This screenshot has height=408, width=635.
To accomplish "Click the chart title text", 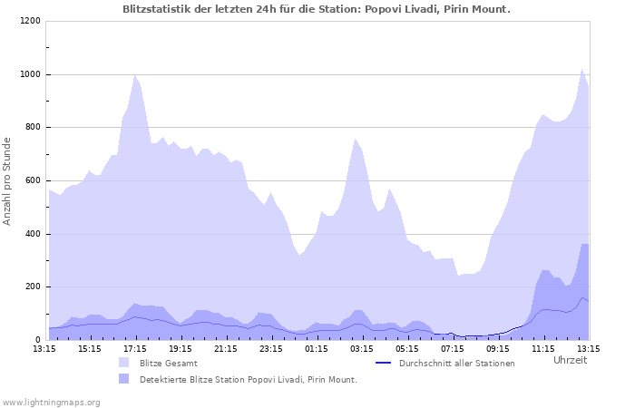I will tap(317, 9).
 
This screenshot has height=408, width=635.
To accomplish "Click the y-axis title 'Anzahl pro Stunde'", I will tap(8, 181).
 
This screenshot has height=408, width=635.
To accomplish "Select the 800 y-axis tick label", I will tap(32, 128).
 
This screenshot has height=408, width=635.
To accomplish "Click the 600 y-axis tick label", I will tap(32, 181).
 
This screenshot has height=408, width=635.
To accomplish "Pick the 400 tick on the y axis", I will tap(32, 234).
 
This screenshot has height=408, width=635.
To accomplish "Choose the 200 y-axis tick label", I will tap(32, 287).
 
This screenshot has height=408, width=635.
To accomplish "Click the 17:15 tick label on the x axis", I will tap(135, 348).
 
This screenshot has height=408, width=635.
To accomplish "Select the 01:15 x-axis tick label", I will tap(317, 348).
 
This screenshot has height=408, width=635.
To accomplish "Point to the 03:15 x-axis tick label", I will tap(362, 348).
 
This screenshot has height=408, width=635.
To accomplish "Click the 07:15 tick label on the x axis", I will tap(453, 348).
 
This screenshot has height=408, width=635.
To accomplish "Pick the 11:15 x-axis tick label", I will tap(543, 348).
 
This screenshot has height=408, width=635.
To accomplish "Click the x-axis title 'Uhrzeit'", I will tap(570, 361).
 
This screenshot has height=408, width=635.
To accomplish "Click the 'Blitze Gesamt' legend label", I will tap(168, 364).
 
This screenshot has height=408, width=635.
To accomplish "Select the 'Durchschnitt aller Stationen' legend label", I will tap(456, 364).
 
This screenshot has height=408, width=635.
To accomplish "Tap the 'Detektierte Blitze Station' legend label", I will tap(248, 380).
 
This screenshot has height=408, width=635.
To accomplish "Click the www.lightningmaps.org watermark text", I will tap(51, 402).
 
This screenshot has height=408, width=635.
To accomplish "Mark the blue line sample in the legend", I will tap(383, 363).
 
